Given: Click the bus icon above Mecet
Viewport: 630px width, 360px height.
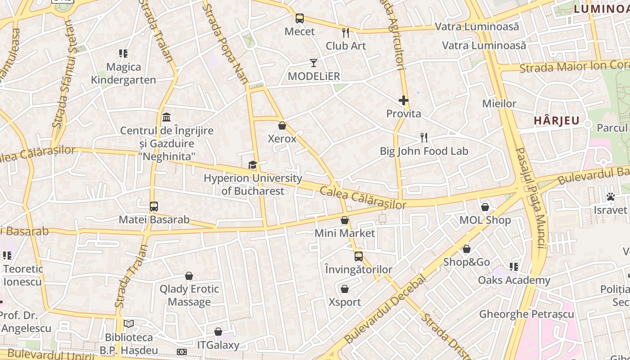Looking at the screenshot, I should [x=300, y=18].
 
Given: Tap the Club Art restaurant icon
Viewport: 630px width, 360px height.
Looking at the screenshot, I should [x=346, y=32].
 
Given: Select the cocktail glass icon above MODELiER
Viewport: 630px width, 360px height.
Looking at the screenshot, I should [x=314, y=63].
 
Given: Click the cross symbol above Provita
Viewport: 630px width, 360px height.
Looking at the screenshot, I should [x=403, y=100].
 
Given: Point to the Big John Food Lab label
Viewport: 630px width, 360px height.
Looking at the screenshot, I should [x=424, y=151].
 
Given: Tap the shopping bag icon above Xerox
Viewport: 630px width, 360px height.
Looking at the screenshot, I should [x=282, y=126].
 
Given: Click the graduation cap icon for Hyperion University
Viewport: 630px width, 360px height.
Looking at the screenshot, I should [x=252, y=165].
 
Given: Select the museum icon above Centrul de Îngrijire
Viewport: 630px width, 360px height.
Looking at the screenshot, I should [x=166, y=117].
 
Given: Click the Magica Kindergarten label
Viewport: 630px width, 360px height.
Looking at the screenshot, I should [x=124, y=73].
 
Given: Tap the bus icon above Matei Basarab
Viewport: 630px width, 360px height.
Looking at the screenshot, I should [x=154, y=207].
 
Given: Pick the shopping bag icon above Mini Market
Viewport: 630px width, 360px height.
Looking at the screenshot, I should [x=345, y=220].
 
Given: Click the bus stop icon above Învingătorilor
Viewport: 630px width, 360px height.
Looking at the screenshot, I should [x=359, y=256].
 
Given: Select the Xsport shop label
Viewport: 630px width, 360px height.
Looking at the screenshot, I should [x=345, y=302].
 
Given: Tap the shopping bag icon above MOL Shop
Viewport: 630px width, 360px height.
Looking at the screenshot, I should [x=485, y=207].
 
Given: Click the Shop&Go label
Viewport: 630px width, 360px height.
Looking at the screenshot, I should [x=467, y=262].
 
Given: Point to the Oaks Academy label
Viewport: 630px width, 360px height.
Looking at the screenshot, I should [x=514, y=280].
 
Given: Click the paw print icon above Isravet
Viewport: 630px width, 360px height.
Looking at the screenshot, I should [x=611, y=197].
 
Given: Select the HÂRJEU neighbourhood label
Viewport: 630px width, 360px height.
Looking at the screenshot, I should [x=557, y=121].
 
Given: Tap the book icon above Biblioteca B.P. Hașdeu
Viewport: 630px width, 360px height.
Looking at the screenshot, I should [x=129, y=324].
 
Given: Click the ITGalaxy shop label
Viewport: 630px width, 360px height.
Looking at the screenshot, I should [x=218, y=345].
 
